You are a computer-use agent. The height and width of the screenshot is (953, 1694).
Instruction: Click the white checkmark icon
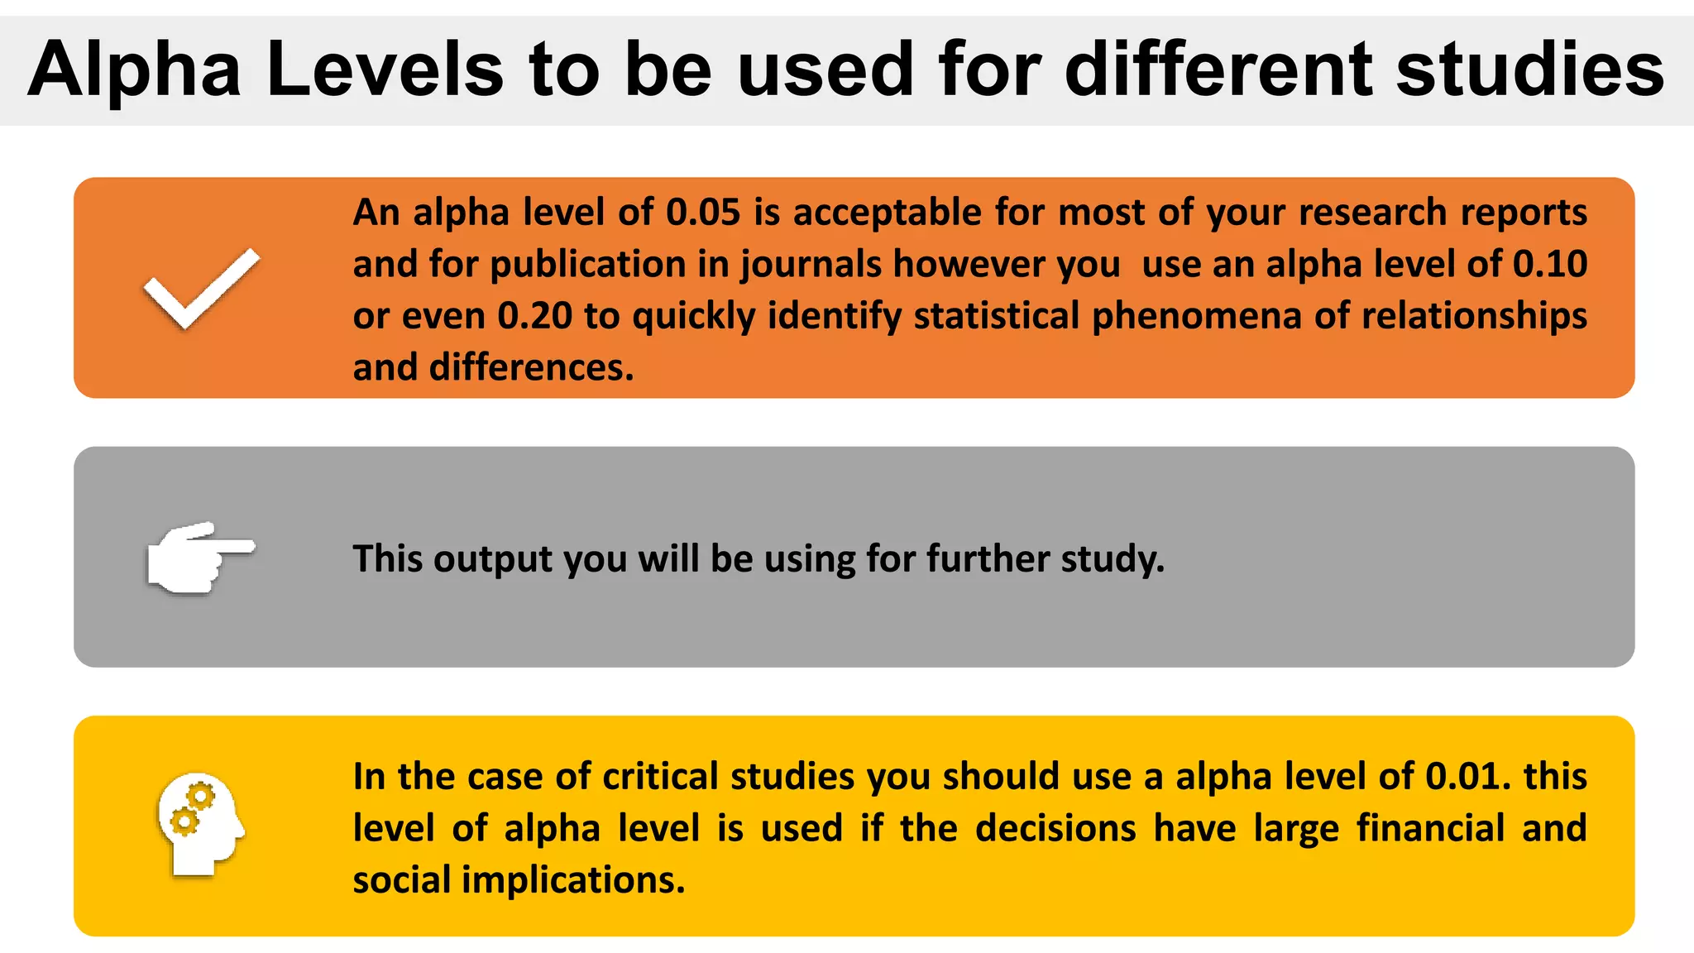tap(202, 288)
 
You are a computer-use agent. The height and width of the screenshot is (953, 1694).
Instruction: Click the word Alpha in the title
tap(135, 69)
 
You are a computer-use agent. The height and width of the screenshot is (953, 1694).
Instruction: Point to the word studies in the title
tap(1530, 69)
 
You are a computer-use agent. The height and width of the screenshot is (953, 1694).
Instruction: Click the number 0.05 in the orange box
tap(703, 213)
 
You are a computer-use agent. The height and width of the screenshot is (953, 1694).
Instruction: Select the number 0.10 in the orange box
tap(1550, 264)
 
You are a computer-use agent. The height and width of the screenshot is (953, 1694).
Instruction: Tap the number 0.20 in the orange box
tap(534, 316)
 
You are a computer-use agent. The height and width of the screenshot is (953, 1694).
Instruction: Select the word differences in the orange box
tap(531, 367)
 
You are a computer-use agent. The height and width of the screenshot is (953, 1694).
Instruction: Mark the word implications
tap(572, 880)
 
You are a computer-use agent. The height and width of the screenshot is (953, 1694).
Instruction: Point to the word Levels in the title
tap(385, 69)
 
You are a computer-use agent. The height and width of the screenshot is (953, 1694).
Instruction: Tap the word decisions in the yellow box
tap(1055, 828)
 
